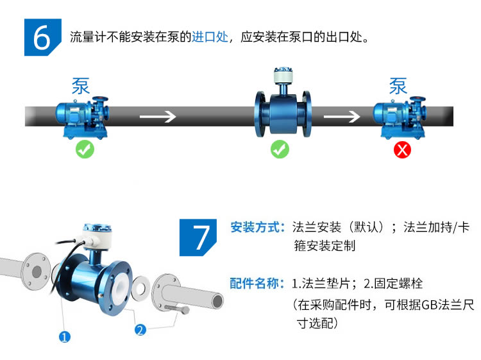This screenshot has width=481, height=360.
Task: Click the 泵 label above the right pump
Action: (x=398, y=86)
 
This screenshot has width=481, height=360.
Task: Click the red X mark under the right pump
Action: (x=402, y=150)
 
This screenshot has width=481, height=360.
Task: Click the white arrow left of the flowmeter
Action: (x=158, y=117)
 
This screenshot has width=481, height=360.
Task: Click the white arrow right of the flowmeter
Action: (x=341, y=117)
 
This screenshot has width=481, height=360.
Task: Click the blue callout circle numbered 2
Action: (x=140, y=330)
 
